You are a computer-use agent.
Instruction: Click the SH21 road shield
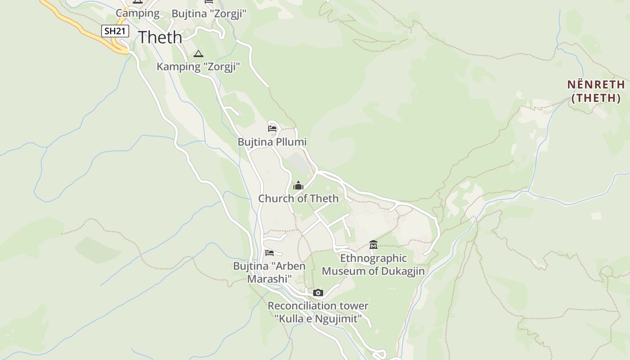pos(115,31)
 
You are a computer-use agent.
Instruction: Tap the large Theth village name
pos(160,37)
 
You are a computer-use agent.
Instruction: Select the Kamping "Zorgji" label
pos(198,67)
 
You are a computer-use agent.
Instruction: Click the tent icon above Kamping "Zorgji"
pos(198,54)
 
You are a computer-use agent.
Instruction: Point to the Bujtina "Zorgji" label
pos(209,13)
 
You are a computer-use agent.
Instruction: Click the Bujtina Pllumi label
pos(272,142)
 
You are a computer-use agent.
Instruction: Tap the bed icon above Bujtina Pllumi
pos(272,129)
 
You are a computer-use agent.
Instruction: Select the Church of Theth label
pos(298,198)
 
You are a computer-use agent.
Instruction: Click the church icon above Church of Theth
pos(298,185)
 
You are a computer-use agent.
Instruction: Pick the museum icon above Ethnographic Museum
pos(373,245)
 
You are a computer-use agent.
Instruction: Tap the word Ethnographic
pos(373,258)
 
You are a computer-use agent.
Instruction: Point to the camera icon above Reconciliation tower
pos(318,293)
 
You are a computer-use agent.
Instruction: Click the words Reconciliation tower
pos(318,306)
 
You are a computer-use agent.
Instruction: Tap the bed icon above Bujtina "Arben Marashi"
pos(270,252)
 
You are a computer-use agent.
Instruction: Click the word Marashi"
pos(269,279)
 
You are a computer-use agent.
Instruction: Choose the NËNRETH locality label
pos(596,85)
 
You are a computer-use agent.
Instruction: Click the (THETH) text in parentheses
pos(596,98)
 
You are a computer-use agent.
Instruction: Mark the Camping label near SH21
pos(138,13)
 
